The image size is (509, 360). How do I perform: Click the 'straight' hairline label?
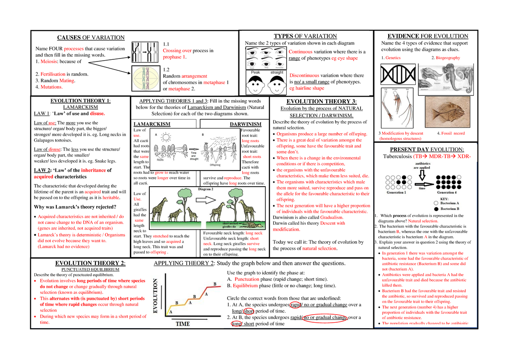point(277,73)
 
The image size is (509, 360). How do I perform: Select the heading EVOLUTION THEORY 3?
point(322,101)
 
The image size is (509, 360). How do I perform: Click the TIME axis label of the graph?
point(182,324)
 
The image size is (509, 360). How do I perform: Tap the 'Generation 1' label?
point(396,192)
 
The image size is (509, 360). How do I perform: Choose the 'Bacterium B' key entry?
point(450,209)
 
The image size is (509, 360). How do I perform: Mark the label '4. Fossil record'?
point(450,133)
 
